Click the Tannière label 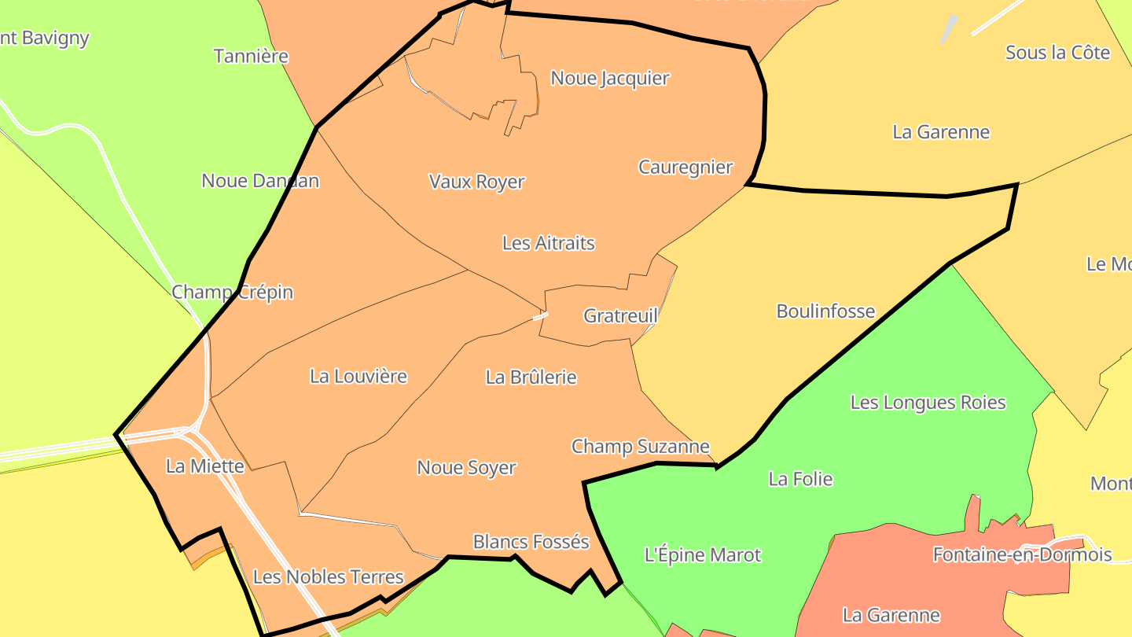(252, 57)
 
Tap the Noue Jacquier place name (610, 79)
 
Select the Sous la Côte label (1057, 53)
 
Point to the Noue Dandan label (260, 181)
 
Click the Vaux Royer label (476, 182)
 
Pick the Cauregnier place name (685, 168)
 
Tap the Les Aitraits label (549, 243)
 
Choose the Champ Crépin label (233, 293)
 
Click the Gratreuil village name (620, 316)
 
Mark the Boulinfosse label (825, 311)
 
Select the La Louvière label (358, 376)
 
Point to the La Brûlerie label (531, 377)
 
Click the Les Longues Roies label (928, 403)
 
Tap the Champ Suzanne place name (641, 447)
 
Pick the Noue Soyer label (466, 468)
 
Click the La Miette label (205, 466)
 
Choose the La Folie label (800, 479)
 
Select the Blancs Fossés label (531, 542)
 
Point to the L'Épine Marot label (703, 555)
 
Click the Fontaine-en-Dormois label (1022, 555)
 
